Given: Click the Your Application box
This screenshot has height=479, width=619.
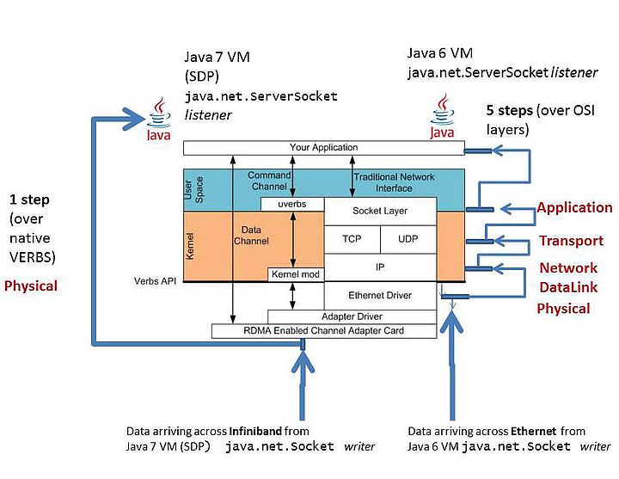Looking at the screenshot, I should [x=323, y=148].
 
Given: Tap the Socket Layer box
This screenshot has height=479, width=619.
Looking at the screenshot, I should [x=379, y=211].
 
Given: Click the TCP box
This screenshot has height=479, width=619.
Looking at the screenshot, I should [x=352, y=239].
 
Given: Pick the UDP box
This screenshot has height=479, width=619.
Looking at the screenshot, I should [x=408, y=239].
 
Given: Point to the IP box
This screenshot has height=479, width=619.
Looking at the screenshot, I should [x=379, y=267].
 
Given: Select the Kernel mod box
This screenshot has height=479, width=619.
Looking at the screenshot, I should [x=295, y=274].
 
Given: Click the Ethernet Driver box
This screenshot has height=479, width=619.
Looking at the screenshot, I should [x=379, y=295].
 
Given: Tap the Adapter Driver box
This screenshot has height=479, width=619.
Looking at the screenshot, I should [x=352, y=316].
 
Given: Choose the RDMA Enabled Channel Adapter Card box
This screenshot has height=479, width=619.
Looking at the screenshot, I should [x=323, y=330].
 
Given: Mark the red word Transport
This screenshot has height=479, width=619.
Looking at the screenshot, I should [x=571, y=241].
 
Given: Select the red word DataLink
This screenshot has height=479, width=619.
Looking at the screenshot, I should [x=568, y=286].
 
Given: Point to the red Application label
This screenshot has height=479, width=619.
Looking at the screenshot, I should [x=574, y=207].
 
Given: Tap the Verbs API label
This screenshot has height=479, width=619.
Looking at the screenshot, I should [x=155, y=281].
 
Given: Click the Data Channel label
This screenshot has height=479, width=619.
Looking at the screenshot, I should [x=251, y=236].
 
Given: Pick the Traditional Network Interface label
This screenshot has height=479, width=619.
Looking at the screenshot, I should [x=394, y=182].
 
